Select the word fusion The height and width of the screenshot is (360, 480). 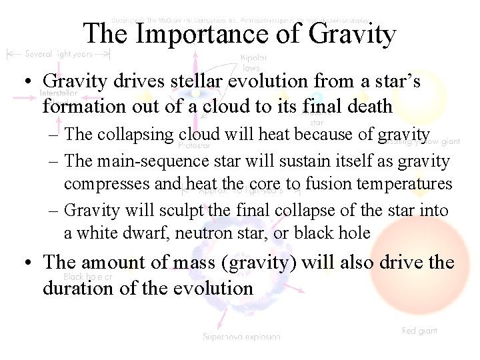pos(302,183)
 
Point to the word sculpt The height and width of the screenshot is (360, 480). pos(181,211)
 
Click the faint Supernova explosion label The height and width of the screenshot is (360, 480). pos(241,337)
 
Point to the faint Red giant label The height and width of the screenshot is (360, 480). pos(419,331)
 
